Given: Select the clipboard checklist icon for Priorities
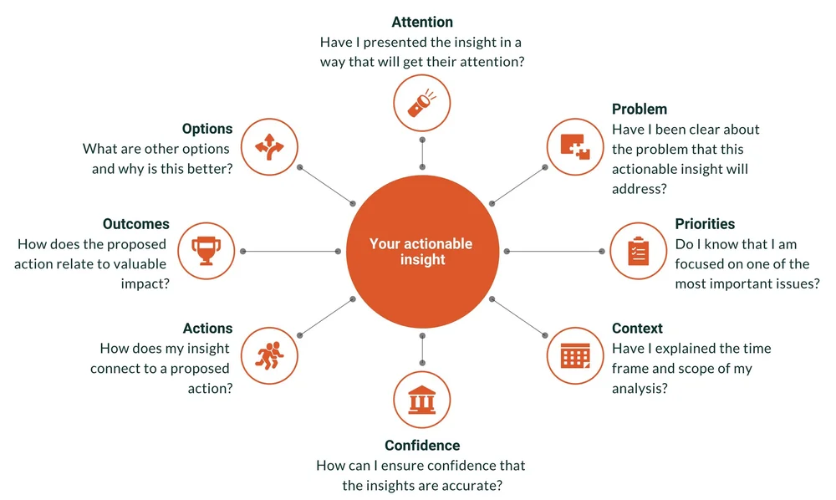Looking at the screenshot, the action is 637,251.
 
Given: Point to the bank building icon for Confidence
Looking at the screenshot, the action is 422,399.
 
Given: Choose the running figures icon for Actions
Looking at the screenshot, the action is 268,355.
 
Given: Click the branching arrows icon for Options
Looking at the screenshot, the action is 268,148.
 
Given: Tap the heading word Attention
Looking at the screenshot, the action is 422,23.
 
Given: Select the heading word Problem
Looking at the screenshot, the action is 640,110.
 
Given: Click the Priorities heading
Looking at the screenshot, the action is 705,224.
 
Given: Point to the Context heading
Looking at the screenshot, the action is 637,329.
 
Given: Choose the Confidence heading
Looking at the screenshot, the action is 422,446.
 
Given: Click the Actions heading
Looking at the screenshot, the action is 207,329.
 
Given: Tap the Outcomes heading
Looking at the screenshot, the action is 136,224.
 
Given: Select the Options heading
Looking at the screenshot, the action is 207,129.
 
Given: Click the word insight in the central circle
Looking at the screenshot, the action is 422,260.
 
